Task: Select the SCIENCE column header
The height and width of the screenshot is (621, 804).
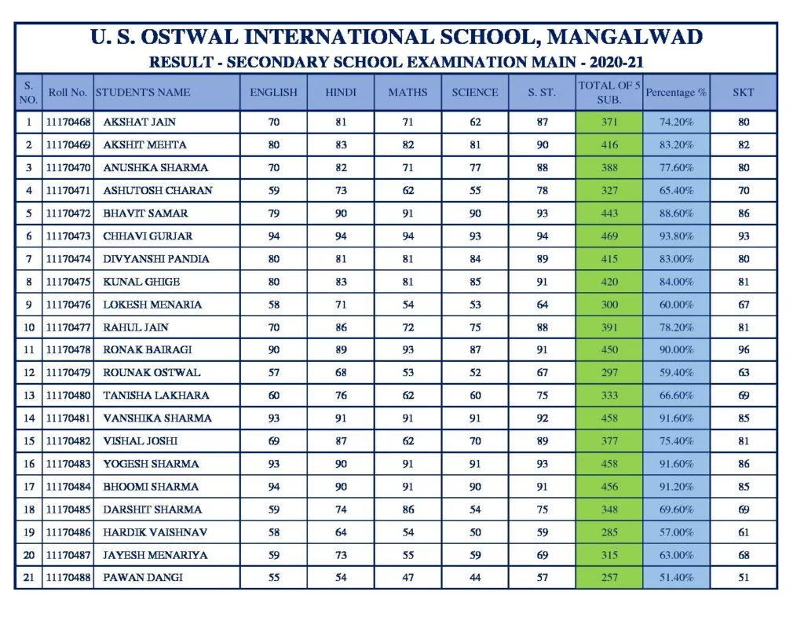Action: point(474,92)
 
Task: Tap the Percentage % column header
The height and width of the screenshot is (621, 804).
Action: point(675,92)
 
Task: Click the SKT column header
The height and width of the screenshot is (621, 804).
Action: point(743,92)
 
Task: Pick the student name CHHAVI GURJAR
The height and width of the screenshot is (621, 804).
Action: point(148,236)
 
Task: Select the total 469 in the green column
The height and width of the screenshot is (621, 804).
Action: point(608,236)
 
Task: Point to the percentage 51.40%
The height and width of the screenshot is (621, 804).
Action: point(675,578)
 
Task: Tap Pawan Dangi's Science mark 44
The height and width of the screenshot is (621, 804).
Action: point(475,578)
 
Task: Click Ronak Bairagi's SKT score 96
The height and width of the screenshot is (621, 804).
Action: point(743,349)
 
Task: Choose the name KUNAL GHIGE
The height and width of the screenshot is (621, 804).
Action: point(141,281)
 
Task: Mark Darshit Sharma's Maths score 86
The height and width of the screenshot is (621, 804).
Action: point(407,510)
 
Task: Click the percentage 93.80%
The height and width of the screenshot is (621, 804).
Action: point(675,236)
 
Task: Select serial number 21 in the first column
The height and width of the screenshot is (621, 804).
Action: point(29,578)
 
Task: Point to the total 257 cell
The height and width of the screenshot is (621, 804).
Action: point(608,578)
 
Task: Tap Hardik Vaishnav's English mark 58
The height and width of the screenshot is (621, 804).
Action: point(273,532)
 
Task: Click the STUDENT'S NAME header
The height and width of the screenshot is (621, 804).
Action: point(143,92)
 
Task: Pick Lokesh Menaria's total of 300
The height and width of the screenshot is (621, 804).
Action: point(608,304)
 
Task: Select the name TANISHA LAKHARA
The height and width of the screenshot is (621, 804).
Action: point(156,395)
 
